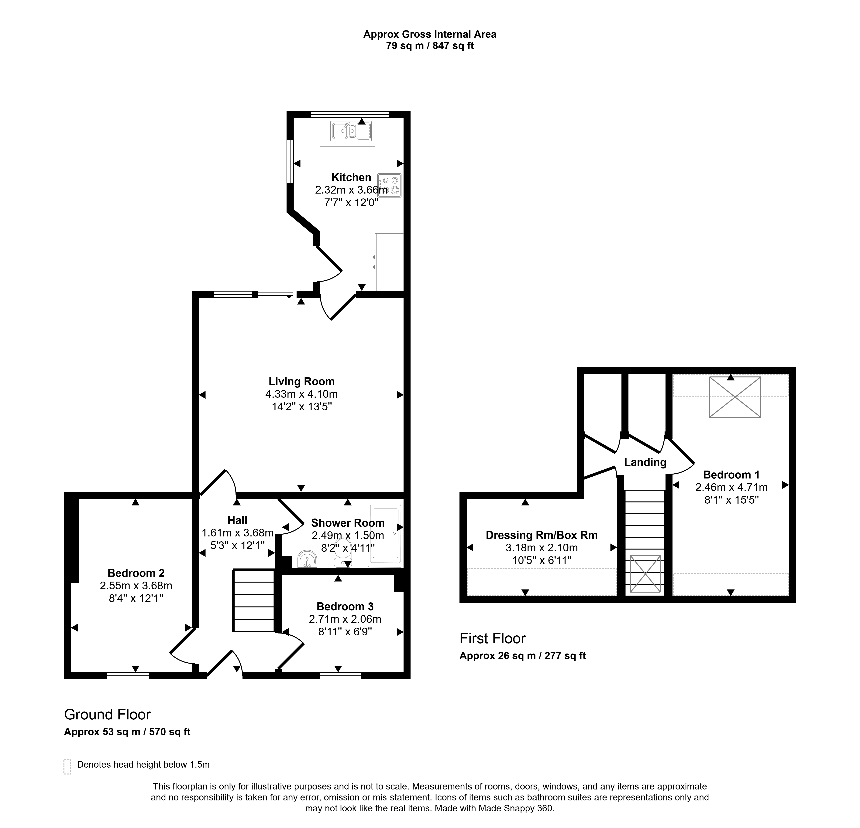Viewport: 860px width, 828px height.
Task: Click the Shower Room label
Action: (348, 523)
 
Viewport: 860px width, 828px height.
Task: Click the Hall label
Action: (237, 520)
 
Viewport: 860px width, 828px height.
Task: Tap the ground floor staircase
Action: (254, 600)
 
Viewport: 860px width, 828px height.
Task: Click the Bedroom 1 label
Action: (731, 475)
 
